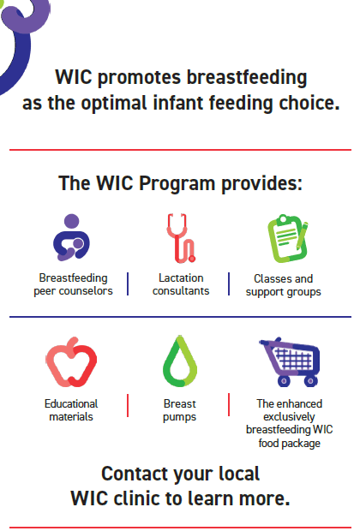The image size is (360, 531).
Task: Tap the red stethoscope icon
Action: coord(180,237)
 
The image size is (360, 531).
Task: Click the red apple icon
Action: coord(71,362)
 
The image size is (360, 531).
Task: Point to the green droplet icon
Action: coord(180,362)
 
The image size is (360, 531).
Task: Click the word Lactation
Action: coord(180,278)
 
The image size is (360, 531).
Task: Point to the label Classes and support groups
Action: coord(284,285)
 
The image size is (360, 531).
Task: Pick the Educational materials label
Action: coord(71,410)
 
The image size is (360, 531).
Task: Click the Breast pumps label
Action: coord(180,410)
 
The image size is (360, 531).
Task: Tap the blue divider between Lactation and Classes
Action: coord(229,284)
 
